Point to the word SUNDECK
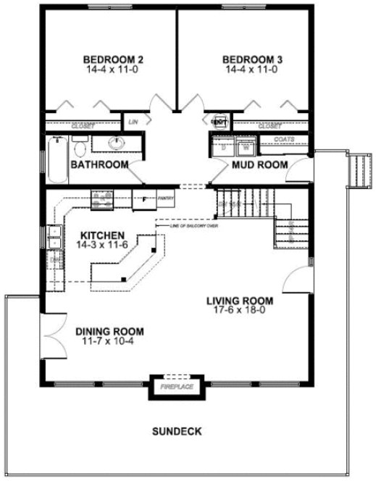(177, 432)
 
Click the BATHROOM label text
(99, 165)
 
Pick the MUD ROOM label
(259, 165)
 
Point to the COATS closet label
(284, 137)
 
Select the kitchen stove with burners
(100, 197)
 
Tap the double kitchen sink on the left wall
(54, 239)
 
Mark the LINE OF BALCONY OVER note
(194, 227)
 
